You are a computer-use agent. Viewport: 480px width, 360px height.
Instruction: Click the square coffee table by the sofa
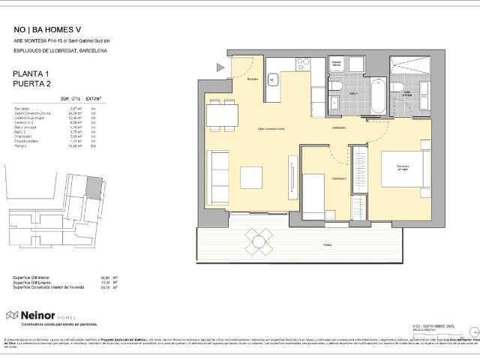click(250, 176)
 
